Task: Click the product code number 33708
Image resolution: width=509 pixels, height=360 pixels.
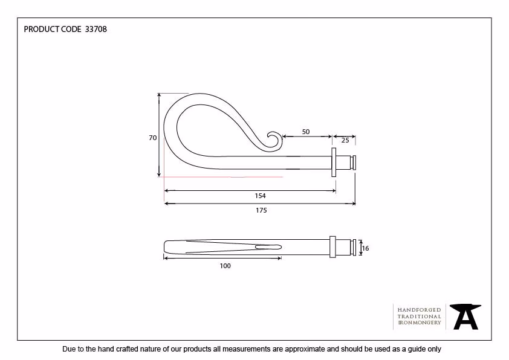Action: coord(96,29)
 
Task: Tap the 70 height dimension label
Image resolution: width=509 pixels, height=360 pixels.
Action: coord(152,138)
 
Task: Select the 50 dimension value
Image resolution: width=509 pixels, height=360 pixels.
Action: coord(306,132)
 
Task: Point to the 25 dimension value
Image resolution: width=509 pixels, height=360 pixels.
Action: coord(345,140)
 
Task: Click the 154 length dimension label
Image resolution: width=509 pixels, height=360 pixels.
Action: coord(260,196)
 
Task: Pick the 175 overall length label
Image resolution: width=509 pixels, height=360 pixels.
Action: coord(261,210)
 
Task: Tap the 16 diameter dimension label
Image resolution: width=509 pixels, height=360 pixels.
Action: coord(365,248)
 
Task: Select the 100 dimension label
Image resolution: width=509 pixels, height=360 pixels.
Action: coord(225,266)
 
